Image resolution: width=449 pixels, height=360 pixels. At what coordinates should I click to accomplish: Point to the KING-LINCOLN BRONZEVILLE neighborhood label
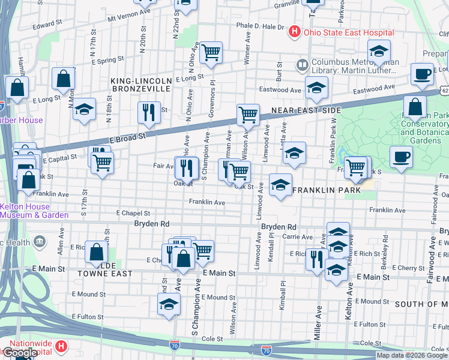[141, 84]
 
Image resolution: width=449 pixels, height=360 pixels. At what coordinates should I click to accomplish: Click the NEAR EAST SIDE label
[306, 110]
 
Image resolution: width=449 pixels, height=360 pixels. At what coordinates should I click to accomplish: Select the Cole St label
[212, 339]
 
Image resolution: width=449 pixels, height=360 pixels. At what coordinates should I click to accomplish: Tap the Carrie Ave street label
[298, 237]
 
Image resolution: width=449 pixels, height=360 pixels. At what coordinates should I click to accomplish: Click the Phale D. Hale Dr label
[260, 26]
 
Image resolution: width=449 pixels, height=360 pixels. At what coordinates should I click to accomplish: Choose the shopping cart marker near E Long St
[211, 54]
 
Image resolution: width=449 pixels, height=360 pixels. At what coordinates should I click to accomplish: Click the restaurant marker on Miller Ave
[316, 259]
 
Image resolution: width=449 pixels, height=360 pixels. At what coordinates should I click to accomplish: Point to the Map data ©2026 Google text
[412, 355]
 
